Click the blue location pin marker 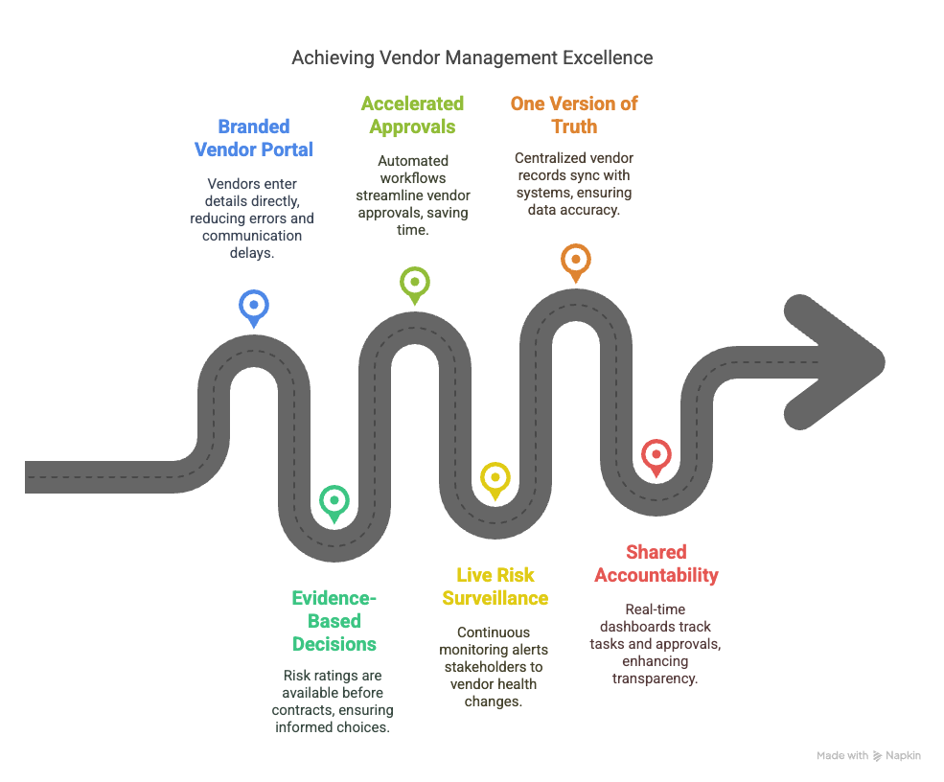click(254, 307)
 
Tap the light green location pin click(414, 283)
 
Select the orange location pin click(575, 260)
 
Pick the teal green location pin click(334, 501)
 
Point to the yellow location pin click(495, 478)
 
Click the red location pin click(656, 455)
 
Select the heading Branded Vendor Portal click(254, 138)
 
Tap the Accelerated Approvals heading click(412, 115)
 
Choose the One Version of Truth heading click(574, 115)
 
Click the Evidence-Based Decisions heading click(334, 621)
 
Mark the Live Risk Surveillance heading click(495, 586)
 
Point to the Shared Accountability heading click(656, 563)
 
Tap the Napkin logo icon click(878, 756)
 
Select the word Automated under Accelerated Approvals click(413, 161)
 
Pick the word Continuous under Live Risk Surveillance click(494, 632)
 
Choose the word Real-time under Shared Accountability click(656, 609)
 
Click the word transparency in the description click(656, 678)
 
